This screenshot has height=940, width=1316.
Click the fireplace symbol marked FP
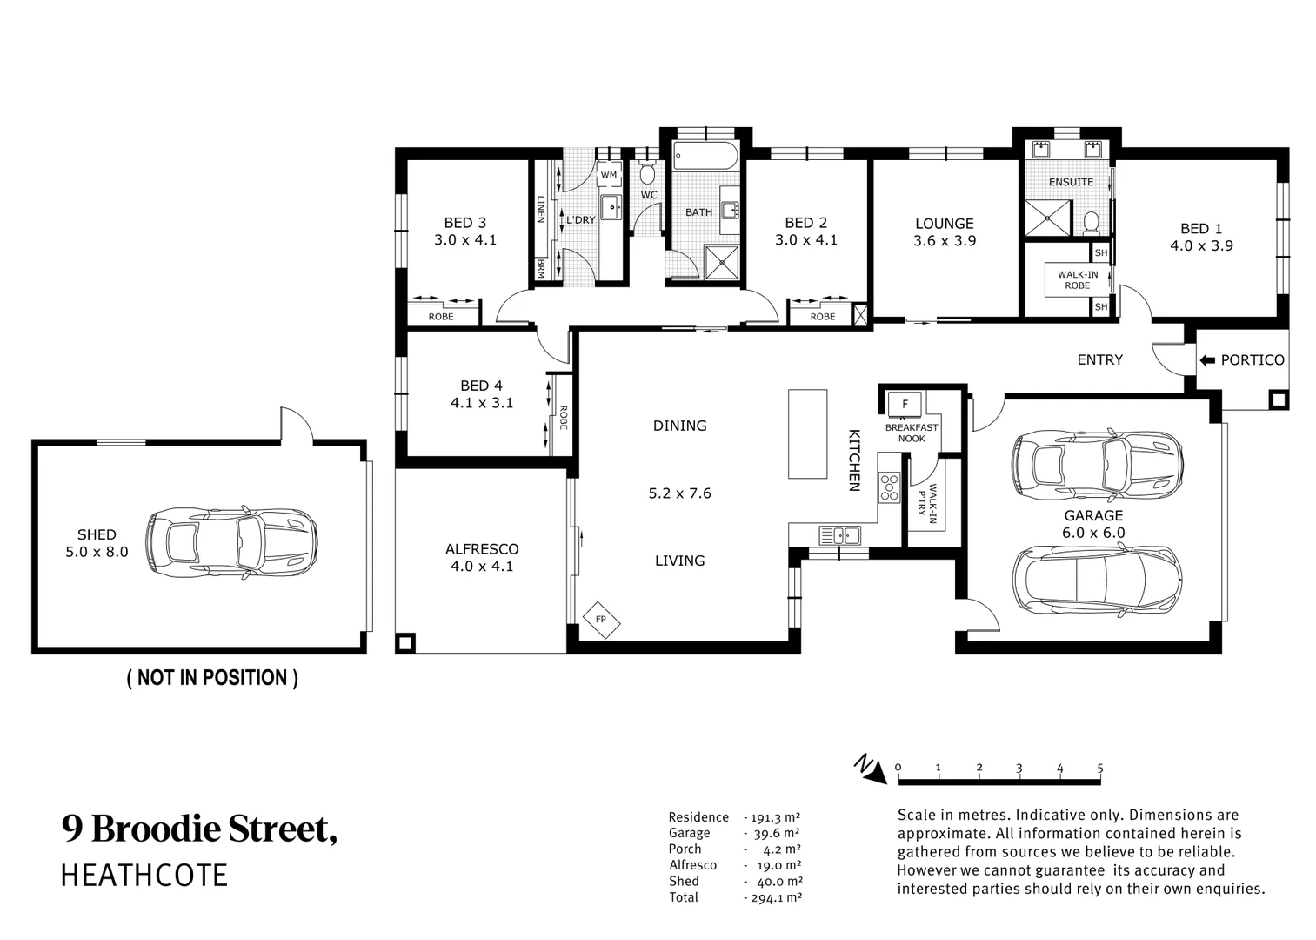click(601, 620)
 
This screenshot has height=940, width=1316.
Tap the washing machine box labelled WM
click(609, 175)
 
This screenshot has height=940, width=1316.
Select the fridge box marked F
click(905, 404)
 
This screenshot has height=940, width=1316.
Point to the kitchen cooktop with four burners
click(890, 487)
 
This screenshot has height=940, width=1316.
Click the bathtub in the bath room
click(705, 157)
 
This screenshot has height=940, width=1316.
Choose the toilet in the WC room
click(648, 171)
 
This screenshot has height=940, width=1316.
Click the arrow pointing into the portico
click(1207, 360)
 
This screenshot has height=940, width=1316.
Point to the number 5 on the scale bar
click(1099, 768)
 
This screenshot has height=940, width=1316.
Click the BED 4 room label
click(481, 386)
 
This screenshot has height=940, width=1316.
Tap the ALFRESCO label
click(482, 549)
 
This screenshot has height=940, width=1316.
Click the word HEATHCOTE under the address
click(144, 876)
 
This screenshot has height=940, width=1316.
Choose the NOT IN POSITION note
click(212, 678)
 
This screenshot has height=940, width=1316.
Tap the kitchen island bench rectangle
click(807, 433)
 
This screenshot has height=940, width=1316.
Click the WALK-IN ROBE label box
click(1077, 280)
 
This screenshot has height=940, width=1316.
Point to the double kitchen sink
click(839, 535)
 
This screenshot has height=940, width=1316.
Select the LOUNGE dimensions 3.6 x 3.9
click(944, 240)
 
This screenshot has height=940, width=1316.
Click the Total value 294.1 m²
click(777, 897)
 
